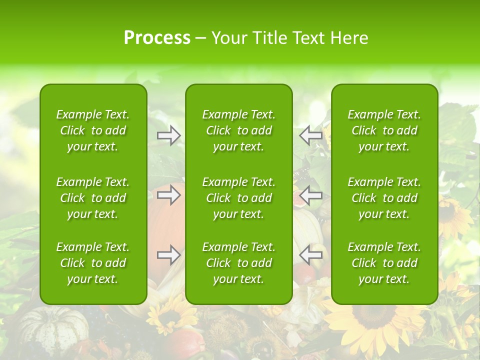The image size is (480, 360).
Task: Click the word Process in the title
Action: click(x=157, y=38)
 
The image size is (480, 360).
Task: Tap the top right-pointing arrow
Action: click(x=169, y=135)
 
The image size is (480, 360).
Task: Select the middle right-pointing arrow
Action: click(x=169, y=195)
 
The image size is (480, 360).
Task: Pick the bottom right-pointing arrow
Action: click(x=169, y=255)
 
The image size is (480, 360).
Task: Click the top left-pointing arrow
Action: click(x=310, y=135)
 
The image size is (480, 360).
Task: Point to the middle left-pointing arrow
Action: click(x=310, y=195)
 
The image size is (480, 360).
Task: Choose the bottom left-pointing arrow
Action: click(x=310, y=255)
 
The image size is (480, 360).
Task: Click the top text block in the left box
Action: click(x=93, y=130)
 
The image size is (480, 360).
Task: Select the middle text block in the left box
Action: click(x=93, y=198)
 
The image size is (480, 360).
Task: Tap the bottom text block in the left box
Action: click(x=93, y=263)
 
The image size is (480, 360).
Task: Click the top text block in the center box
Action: click(x=238, y=130)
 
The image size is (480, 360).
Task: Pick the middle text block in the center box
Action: click(x=238, y=198)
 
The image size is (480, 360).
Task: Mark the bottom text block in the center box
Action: click(x=238, y=263)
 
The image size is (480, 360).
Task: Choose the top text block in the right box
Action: click(x=384, y=130)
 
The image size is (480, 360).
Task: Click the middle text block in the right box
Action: click(x=384, y=198)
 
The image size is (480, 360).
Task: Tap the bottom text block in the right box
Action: click(x=384, y=263)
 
